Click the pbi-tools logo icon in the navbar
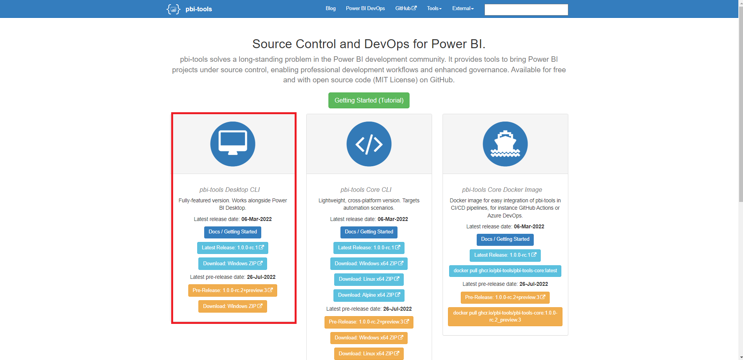coord(173,9)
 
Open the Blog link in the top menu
coord(330,9)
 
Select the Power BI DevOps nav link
coord(365,9)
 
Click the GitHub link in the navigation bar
coord(406,9)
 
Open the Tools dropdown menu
coord(434,9)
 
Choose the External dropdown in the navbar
coord(463,9)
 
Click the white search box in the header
coord(526,10)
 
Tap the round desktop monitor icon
coord(233,144)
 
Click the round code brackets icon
coord(369,144)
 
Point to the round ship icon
coord(505,144)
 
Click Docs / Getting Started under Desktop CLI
coord(233,232)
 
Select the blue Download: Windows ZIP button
coord(233,264)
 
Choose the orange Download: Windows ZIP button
coord(233,306)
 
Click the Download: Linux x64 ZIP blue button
coord(369,279)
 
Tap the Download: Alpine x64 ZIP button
coord(369,295)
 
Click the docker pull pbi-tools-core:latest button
coord(505,271)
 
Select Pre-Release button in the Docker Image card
coord(505,297)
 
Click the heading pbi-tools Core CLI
coord(366,190)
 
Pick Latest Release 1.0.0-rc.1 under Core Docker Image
coord(505,255)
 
